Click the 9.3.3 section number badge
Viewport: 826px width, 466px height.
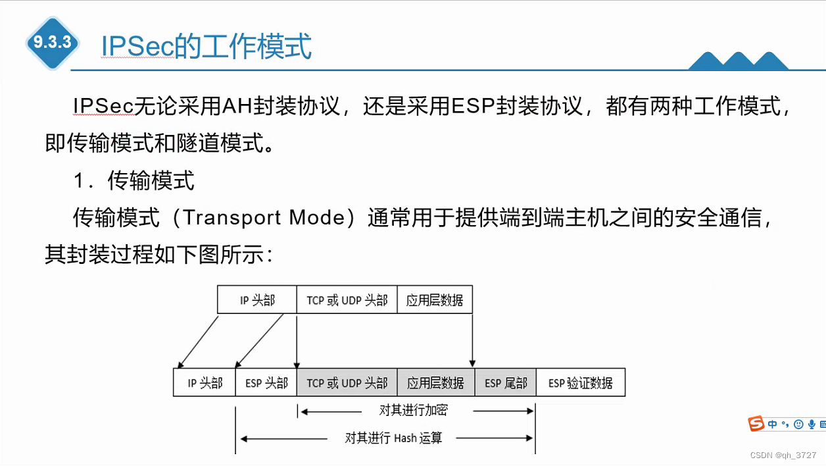pos(53,43)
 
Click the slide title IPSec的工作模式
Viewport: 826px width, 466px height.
pos(206,46)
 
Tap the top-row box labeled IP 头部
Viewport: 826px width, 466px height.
pos(257,300)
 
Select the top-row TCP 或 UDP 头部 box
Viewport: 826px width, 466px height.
pos(347,300)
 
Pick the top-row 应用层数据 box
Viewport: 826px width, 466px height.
pos(435,300)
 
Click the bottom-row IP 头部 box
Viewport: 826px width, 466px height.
pos(205,383)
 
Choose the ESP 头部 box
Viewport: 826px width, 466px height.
pos(266,383)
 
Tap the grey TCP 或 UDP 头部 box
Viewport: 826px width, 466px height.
pos(347,383)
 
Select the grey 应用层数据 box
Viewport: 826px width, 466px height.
pos(435,383)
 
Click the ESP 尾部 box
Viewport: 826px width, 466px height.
pos(506,383)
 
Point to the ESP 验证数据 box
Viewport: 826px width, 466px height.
pos(581,383)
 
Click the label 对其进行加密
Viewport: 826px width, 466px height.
pos(413,410)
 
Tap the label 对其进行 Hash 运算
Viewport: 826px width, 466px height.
pos(393,438)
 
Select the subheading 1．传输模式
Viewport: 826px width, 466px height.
pos(134,180)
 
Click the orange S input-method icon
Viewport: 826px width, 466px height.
pos(757,424)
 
